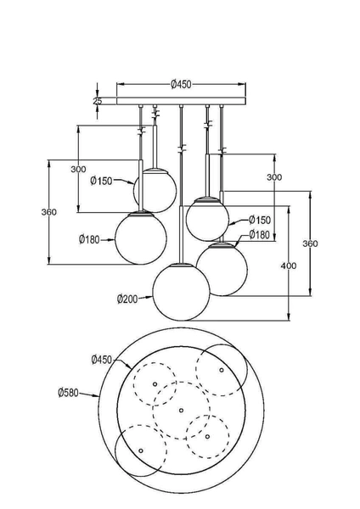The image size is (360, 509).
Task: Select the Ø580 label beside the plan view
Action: click(x=70, y=392)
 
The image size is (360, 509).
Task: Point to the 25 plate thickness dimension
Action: click(x=98, y=101)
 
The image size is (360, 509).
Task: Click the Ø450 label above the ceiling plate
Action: click(x=180, y=84)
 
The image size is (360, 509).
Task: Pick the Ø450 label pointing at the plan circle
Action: click(x=102, y=361)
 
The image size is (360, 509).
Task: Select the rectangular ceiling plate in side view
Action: click(x=180, y=101)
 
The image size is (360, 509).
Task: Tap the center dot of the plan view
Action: click(x=181, y=411)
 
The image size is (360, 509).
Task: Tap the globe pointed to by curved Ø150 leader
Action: click(x=156, y=185)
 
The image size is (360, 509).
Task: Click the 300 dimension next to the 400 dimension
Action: click(x=273, y=177)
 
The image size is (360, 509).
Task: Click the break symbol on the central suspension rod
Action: click(x=180, y=149)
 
